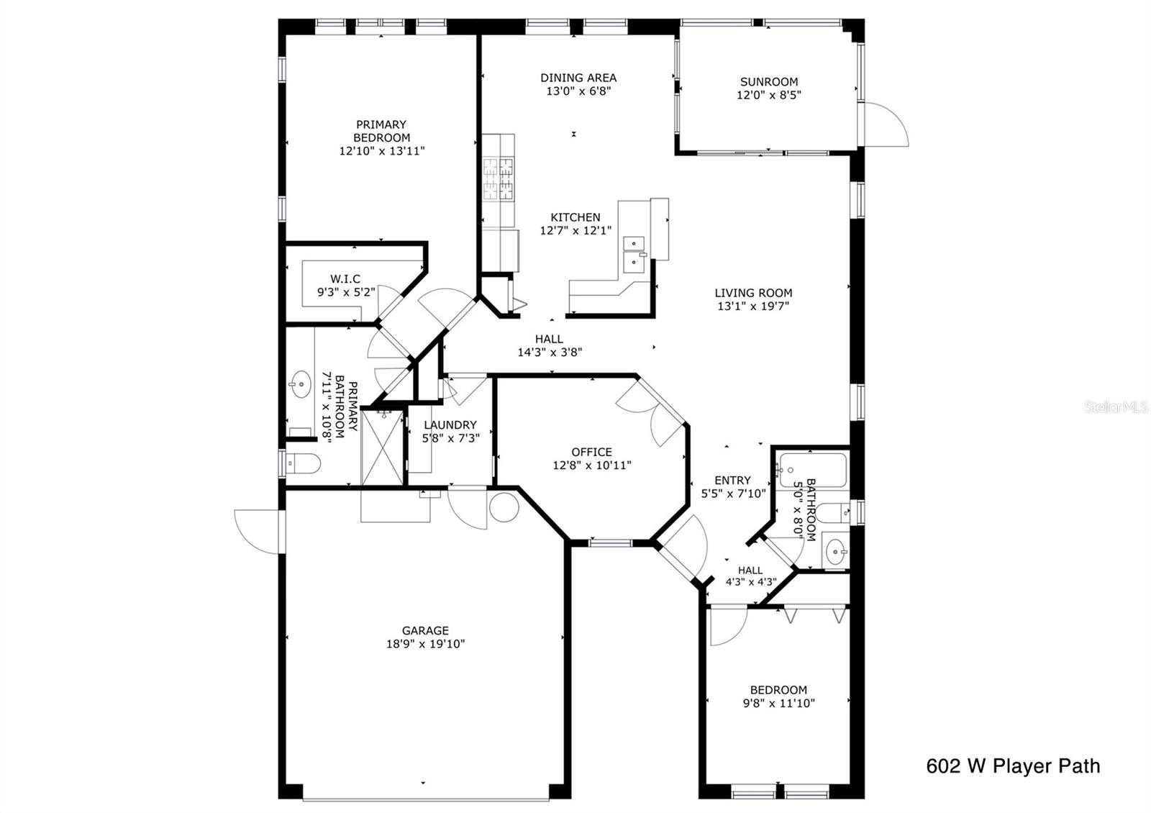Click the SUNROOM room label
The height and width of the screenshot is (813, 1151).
coord(769,82)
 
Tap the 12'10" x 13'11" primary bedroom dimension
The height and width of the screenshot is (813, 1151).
coord(382,151)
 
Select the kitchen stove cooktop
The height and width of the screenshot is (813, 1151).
coord(498,178)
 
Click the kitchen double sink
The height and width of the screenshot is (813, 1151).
coord(634,255)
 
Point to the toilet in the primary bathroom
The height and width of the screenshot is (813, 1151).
coord(303,463)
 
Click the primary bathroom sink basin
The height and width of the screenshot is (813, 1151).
coord(301,384)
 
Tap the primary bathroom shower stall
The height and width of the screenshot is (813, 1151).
coord(383,447)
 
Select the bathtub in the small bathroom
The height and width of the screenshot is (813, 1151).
coord(812,471)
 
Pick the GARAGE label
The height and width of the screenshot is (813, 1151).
coord(425,630)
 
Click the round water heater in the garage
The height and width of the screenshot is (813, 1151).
coord(504,507)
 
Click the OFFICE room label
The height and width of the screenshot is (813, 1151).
coord(591,453)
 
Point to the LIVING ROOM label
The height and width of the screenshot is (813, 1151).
coord(753,293)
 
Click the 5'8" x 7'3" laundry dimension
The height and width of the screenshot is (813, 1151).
coord(450,438)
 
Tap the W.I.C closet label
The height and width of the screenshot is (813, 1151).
coord(345,279)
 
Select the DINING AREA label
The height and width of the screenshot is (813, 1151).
coord(578,78)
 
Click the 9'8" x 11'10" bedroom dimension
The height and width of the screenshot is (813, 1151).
coord(778,703)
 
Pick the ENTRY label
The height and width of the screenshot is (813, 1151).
coord(732,480)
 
